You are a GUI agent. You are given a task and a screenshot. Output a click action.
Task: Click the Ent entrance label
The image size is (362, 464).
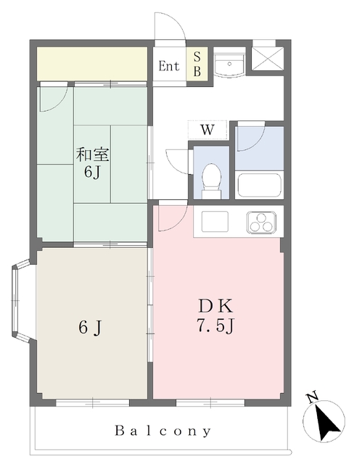(168, 66)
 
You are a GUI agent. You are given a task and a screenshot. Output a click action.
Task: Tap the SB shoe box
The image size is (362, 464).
(196, 64)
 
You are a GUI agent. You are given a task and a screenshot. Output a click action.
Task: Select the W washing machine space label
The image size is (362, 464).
(207, 130)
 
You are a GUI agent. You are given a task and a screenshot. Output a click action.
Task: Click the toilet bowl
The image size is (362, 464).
(211, 178)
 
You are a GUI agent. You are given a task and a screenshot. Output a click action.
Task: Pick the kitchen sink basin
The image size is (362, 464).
(215, 221)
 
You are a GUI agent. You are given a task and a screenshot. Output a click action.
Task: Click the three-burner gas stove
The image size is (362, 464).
(263, 221)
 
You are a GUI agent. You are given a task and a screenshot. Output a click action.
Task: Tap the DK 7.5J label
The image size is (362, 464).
(215, 316)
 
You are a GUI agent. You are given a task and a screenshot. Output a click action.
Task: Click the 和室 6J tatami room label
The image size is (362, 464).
(93, 163)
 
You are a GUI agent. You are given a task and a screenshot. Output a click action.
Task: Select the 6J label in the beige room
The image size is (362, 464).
(90, 328)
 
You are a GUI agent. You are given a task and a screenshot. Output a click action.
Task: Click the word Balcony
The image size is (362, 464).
(163, 430)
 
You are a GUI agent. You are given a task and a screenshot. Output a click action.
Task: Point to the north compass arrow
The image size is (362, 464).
(326, 420)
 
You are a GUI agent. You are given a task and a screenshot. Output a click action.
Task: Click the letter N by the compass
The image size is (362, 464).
(313, 397)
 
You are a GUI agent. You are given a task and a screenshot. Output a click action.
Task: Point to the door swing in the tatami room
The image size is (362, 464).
(54, 99)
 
